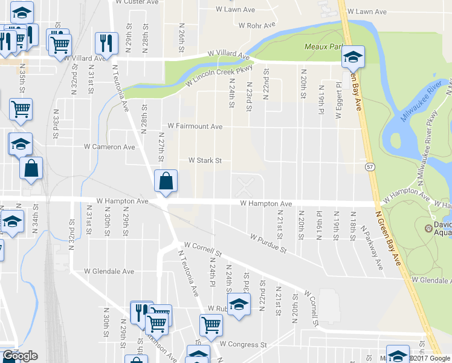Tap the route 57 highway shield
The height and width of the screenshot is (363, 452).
[x=368, y=165]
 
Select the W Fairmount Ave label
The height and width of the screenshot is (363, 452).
[x=195, y=126]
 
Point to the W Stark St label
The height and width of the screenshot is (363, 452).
[x=205, y=161]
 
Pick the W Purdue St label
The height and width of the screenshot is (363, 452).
[x=265, y=243]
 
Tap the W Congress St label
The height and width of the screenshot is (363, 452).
[x=243, y=344]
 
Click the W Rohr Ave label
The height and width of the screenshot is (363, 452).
[x=257, y=25]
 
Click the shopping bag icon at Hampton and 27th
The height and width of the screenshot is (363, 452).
[x=166, y=181]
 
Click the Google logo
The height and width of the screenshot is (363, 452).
[x=19, y=356]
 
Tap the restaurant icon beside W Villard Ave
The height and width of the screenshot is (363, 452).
[x=105, y=43]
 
